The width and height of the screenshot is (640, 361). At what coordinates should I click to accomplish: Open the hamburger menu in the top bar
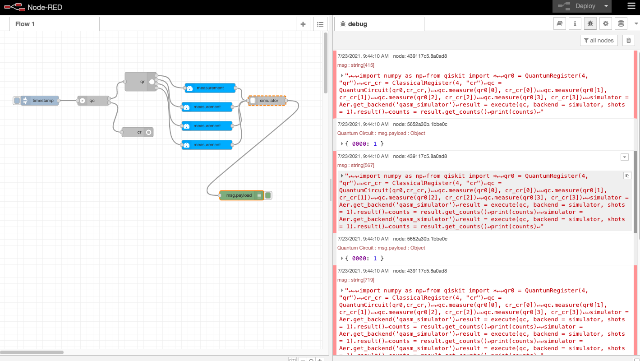(631, 6)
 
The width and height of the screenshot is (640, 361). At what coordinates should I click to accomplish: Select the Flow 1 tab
(25, 24)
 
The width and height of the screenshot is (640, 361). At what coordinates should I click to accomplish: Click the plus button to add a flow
(303, 24)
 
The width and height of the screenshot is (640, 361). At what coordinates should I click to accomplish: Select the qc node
(92, 101)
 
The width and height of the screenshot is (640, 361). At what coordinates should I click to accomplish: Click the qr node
(141, 82)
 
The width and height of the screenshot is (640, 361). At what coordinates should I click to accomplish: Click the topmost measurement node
(210, 88)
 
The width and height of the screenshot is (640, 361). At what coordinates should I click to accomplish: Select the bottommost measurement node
(207, 145)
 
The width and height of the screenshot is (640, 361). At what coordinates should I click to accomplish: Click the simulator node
(269, 101)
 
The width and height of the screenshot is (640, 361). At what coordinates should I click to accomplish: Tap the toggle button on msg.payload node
(268, 195)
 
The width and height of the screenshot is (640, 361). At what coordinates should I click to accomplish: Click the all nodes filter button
(599, 41)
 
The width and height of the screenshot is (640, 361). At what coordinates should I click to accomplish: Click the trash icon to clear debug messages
(628, 41)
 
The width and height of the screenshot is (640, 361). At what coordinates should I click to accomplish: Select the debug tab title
(357, 24)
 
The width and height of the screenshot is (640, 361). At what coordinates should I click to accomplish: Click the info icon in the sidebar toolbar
(575, 24)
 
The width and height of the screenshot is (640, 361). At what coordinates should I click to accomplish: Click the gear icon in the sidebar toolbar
(605, 24)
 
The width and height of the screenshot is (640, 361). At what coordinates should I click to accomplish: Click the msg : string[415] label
(356, 65)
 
